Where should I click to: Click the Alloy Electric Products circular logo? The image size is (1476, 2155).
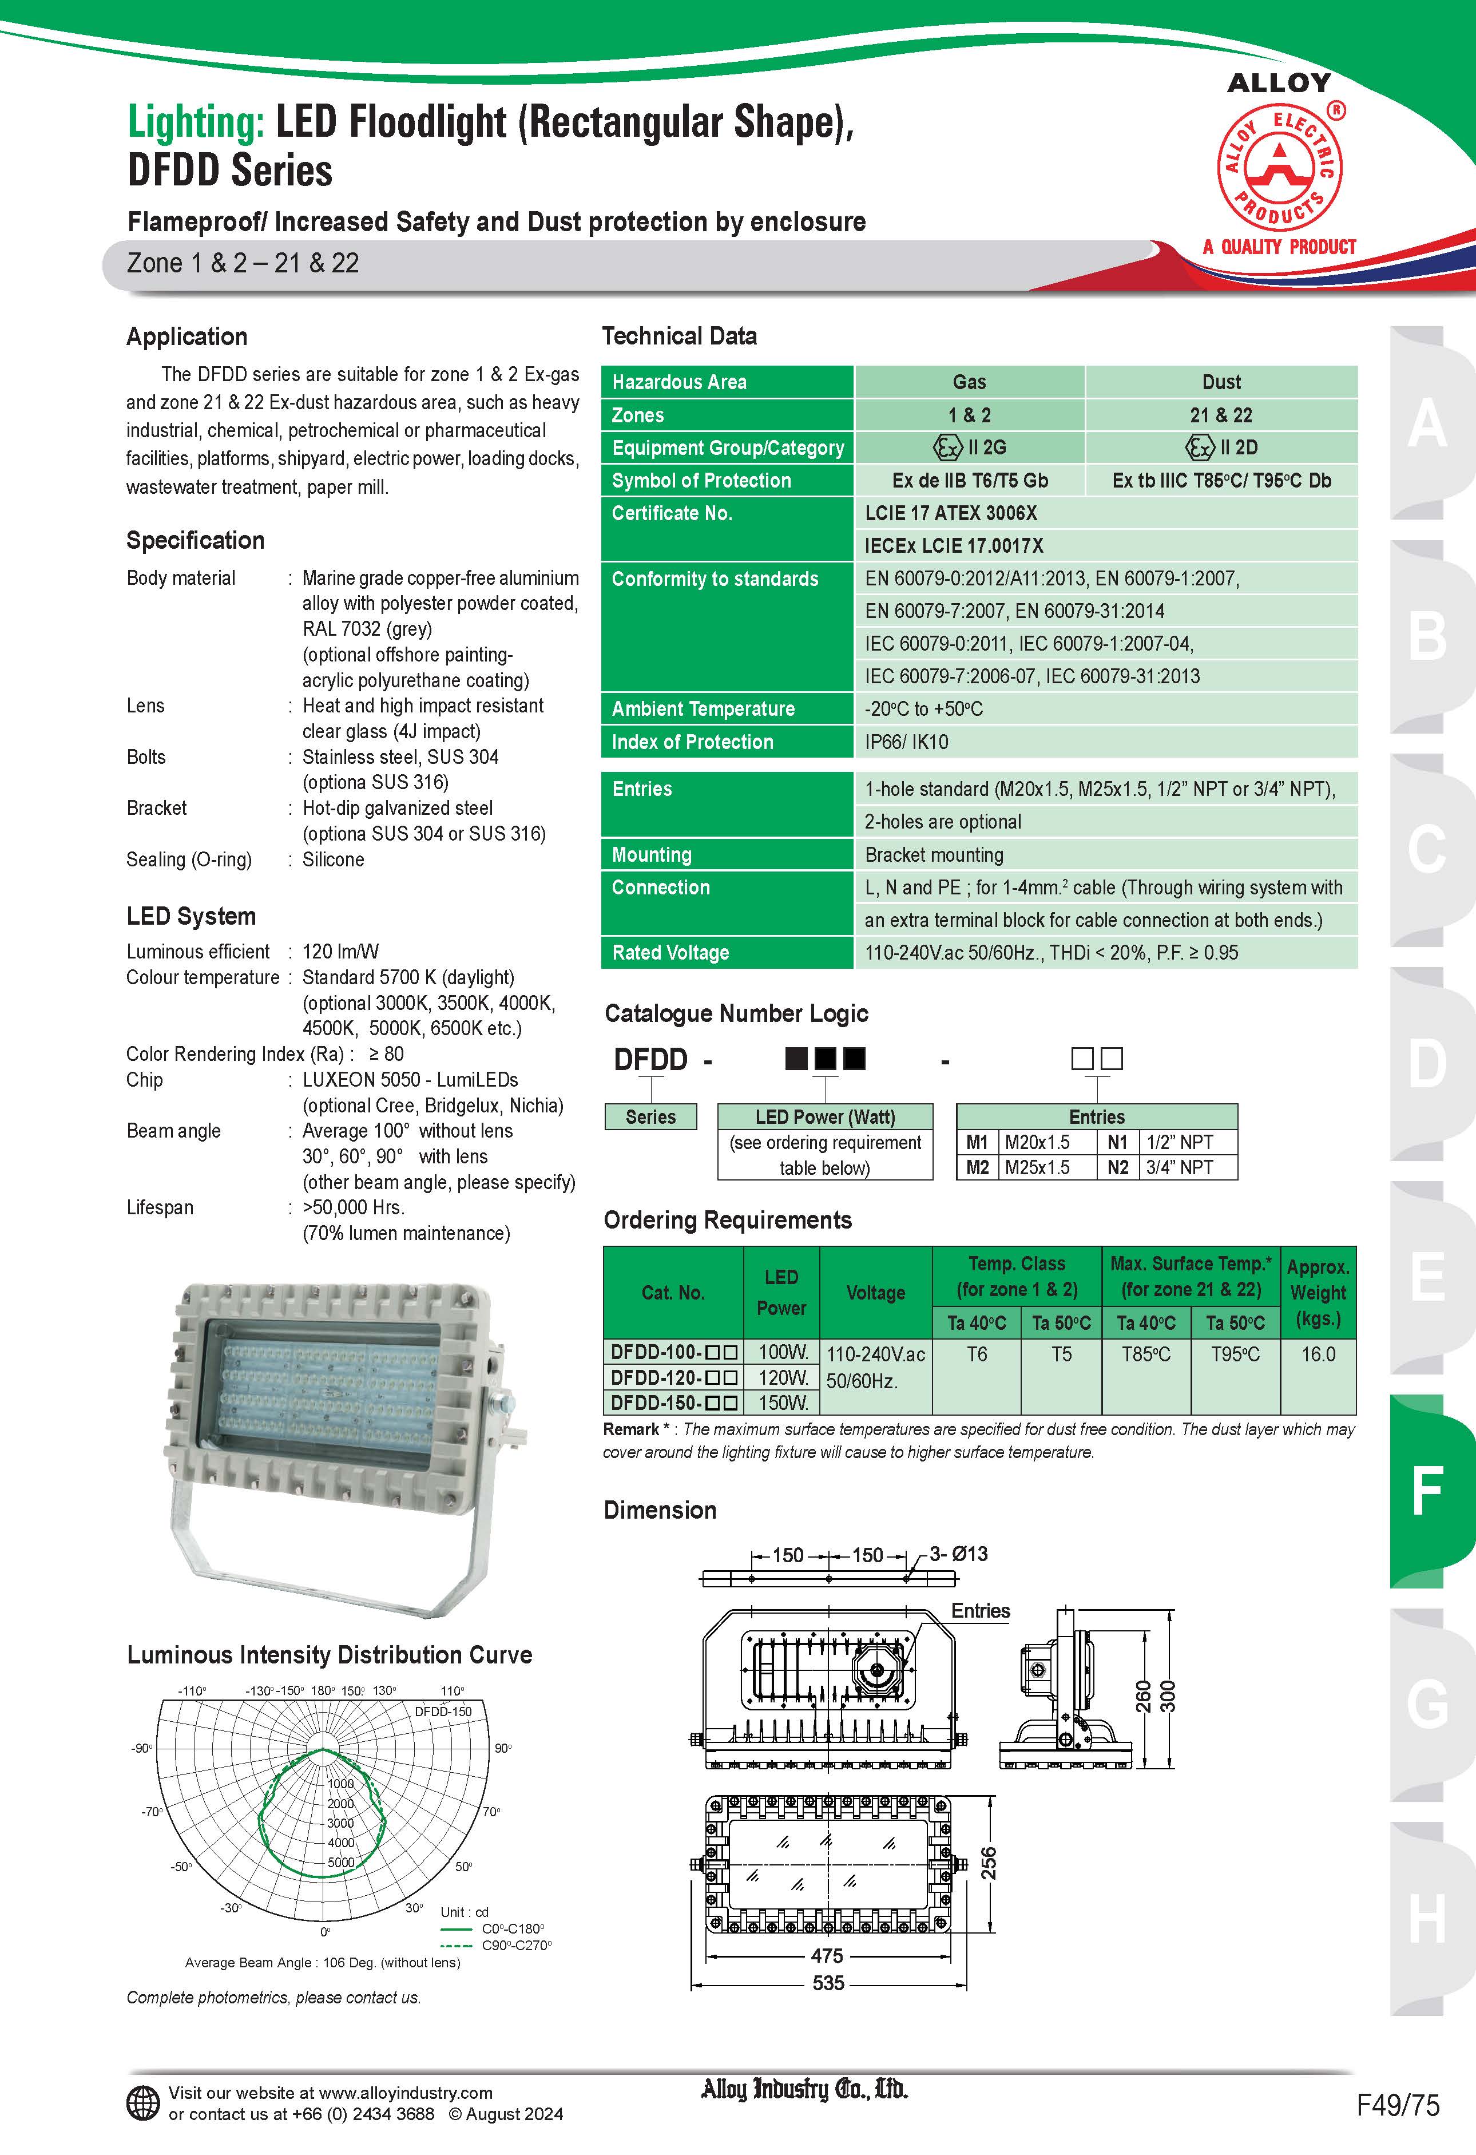point(1279,167)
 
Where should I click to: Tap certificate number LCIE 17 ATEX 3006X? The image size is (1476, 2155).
point(950,513)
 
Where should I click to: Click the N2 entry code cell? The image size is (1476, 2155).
point(1118,1167)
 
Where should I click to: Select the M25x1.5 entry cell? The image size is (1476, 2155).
point(1037,1167)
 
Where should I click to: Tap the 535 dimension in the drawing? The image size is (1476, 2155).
point(828,1983)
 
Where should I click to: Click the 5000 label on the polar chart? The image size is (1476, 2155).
point(340,1862)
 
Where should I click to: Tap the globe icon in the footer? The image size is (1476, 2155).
point(143,2103)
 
